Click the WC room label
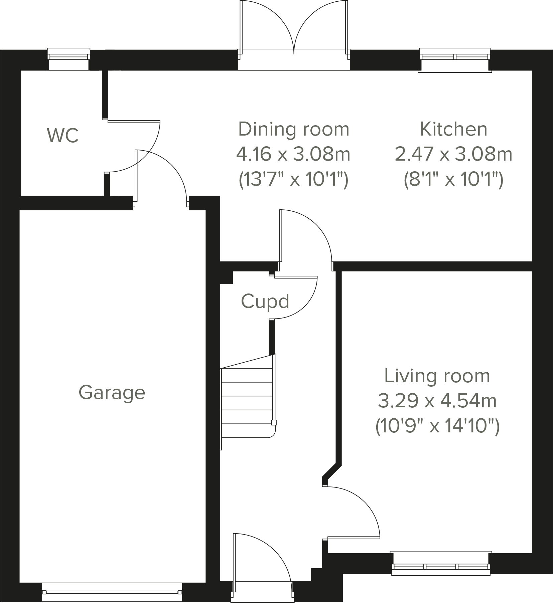[63, 135]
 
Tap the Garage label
[112, 392]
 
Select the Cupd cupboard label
[265, 301]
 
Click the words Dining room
[293, 129]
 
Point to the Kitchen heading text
[453, 129]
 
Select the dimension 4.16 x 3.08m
[293, 154]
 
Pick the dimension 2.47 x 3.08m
[453, 154]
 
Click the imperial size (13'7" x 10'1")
[293, 180]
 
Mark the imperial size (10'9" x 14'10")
[437, 426]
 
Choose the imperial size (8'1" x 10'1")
[453, 180]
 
